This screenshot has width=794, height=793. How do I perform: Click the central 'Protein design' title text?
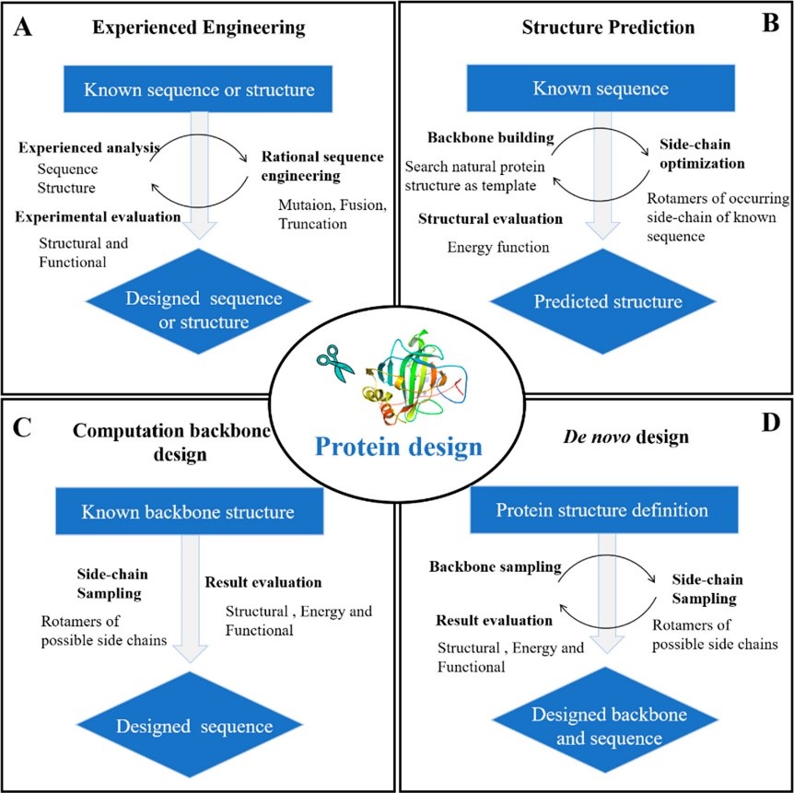(396, 448)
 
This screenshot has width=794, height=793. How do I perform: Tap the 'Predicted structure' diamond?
(595, 302)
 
